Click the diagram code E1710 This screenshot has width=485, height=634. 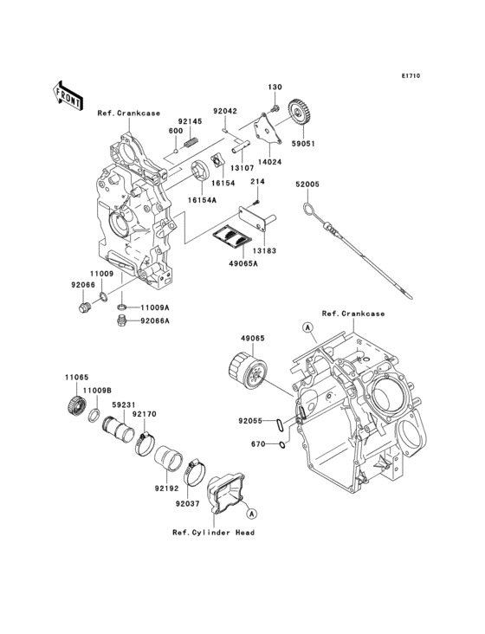(x=410, y=76)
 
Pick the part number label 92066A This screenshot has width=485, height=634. (x=157, y=321)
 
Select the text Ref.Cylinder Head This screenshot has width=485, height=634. (x=212, y=533)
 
